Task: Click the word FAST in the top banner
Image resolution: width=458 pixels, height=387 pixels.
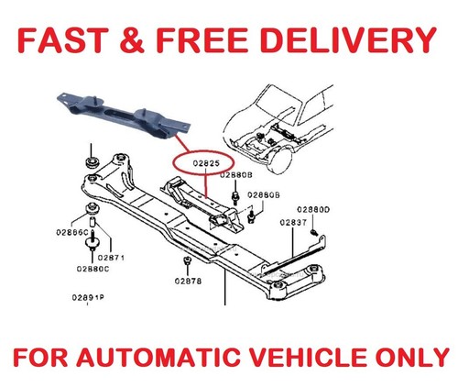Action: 63,40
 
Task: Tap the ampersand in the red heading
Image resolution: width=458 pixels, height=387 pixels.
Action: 132,40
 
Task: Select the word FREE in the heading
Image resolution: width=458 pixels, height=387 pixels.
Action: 202,40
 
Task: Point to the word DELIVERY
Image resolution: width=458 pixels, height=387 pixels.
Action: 349,40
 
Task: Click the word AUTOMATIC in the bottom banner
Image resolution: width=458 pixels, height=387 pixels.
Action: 158,358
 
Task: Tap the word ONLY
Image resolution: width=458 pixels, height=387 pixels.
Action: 412,358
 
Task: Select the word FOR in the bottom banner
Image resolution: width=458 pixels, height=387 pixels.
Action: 40,358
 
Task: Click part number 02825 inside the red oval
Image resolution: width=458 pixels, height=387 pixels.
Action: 206,163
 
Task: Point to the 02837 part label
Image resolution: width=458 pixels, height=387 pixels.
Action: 293,223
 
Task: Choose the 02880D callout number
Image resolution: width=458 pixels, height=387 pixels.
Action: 313,210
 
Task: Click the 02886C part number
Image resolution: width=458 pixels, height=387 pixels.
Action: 72,232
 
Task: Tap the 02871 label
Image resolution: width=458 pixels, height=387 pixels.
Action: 111,258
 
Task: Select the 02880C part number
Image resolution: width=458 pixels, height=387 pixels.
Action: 93,269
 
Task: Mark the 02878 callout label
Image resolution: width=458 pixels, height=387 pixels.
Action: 188,281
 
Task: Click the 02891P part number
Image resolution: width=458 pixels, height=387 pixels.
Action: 88,297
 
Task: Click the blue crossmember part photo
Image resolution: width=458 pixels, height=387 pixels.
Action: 124,116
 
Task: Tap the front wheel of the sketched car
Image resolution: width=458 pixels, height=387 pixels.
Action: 280,160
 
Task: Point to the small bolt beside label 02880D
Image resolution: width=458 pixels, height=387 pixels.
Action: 314,233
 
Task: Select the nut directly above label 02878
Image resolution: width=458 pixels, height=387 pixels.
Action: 187,260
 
